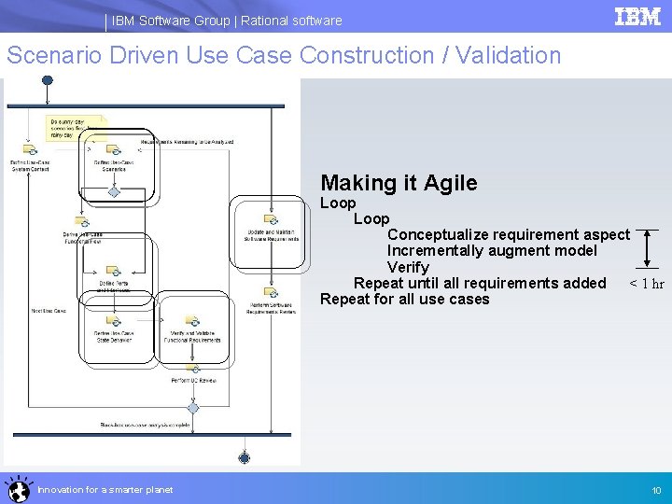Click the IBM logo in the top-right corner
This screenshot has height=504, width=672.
tap(637, 17)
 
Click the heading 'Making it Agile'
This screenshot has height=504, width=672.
tap(399, 184)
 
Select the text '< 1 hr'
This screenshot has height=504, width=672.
tap(646, 284)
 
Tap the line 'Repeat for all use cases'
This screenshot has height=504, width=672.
tap(404, 300)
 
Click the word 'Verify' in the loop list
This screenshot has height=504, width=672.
tap(407, 268)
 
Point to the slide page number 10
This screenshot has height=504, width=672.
tap(656, 490)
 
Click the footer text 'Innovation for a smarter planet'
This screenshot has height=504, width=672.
tap(105, 490)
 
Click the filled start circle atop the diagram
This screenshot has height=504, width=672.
tap(47, 81)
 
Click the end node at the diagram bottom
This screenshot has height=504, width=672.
tap(245, 456)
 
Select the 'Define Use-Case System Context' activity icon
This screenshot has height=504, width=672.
tap(30, 150)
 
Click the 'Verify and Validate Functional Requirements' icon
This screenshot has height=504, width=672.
tap(194, 320)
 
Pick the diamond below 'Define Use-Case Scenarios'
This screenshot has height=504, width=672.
tap(114, 191)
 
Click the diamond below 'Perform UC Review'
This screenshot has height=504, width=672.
tap(194, 406)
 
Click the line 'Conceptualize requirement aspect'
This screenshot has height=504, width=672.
tap(508, 234)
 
